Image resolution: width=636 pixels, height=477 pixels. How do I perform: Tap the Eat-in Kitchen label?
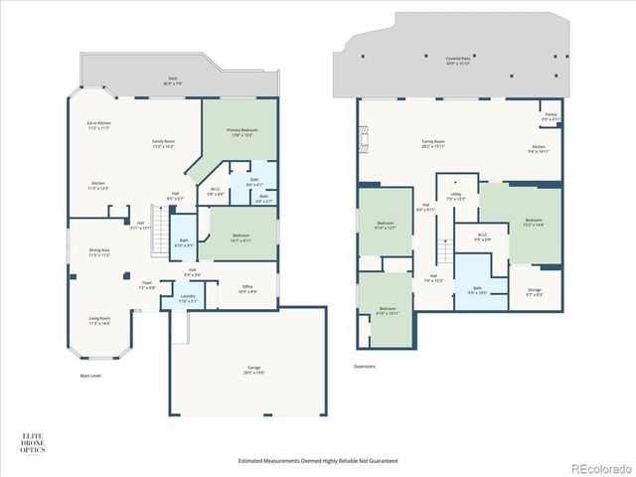97,126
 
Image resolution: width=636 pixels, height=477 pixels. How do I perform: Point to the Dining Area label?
98,252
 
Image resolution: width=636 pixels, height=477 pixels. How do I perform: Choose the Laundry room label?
187,298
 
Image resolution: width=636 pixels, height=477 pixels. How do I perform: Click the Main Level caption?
90,376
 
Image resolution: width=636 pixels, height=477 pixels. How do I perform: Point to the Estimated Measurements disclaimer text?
318,461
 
